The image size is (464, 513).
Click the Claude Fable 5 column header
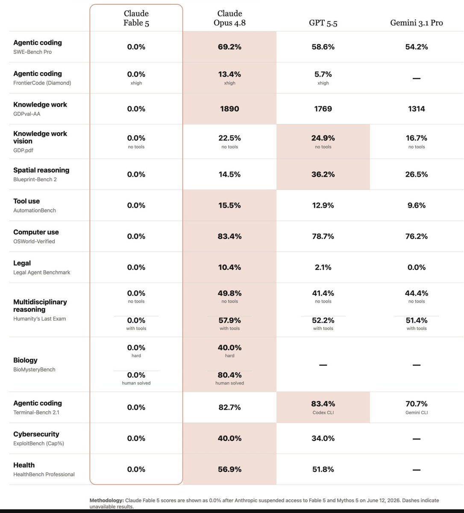pos(136,18)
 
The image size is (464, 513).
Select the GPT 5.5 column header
pos(323,23)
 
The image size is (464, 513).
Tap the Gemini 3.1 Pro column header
pos(417,23)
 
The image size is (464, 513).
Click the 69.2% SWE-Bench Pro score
pos(229,47)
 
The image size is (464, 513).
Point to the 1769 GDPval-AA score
pos(323,109)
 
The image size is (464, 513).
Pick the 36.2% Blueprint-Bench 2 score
pos(323,174)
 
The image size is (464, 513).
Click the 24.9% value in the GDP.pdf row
pos(323,138)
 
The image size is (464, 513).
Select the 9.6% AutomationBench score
pos(417,205)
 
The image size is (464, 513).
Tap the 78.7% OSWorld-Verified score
pos(323,236)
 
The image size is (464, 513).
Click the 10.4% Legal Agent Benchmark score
pos(229,267)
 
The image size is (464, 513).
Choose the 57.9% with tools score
pos(229,320)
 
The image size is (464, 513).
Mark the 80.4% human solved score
pos(229,375)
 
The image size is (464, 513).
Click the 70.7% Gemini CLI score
pos(417,404)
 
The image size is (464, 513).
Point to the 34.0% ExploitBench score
pos(323,438)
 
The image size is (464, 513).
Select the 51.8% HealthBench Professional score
pos(323,469)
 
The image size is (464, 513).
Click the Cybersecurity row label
pos(36,434)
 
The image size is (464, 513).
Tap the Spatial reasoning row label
pos(41,170)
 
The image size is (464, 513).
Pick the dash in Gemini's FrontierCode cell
pos(417,78)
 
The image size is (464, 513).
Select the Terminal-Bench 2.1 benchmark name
pos(36,412)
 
